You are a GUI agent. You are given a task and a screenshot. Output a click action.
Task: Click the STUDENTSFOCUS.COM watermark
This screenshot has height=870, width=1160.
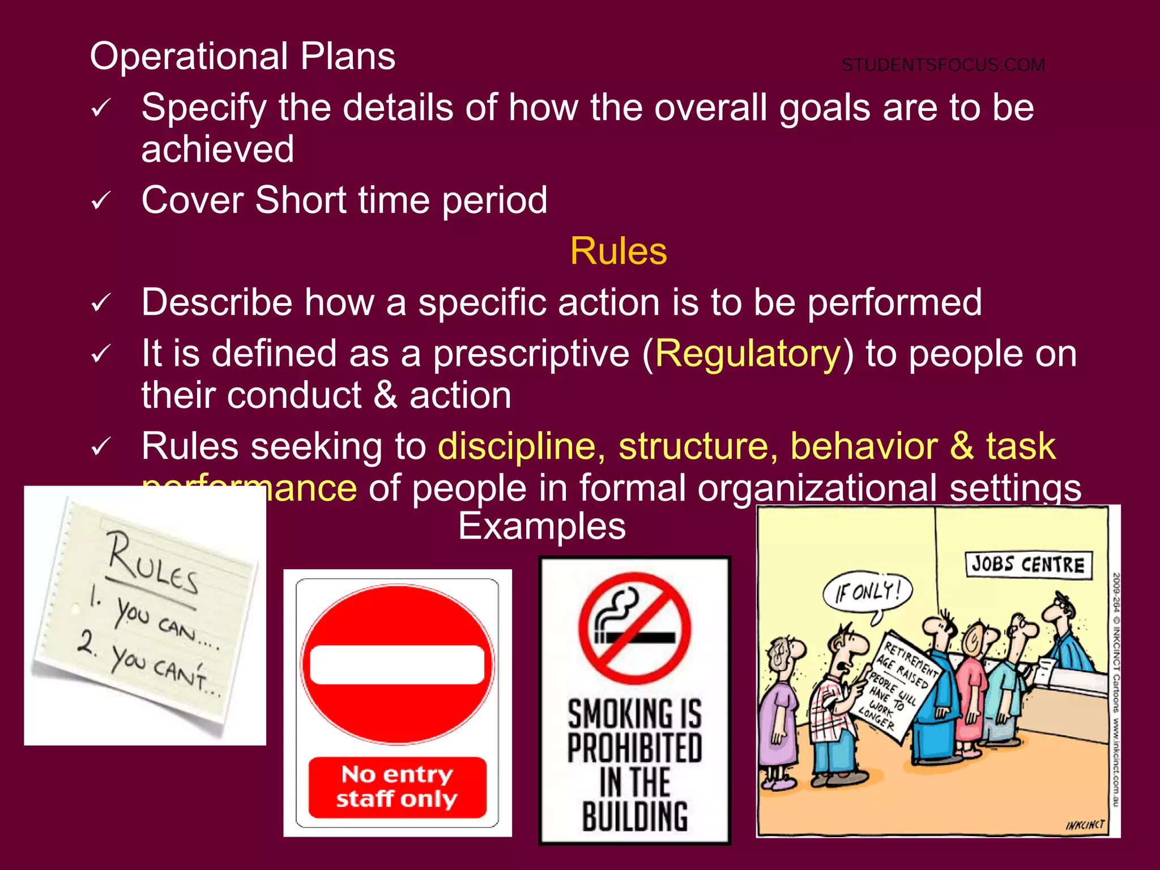[943, 65]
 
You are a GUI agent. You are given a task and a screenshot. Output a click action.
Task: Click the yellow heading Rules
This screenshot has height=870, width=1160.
[619, 251]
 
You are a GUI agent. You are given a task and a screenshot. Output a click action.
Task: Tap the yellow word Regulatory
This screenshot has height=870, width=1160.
[748, 354]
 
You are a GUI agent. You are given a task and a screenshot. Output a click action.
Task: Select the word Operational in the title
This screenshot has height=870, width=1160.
[189, 57]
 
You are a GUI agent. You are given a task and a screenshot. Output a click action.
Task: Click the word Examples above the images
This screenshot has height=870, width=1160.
[541, 526]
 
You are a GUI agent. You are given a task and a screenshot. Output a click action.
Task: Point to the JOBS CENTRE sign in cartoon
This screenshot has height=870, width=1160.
[1027, 565]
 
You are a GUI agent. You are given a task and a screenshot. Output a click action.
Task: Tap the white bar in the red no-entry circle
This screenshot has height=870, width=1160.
[397, 665]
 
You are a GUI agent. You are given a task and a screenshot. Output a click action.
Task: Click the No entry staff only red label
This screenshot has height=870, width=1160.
[397, 786]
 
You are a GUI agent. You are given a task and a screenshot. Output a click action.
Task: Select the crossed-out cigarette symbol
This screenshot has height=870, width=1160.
[634, 628]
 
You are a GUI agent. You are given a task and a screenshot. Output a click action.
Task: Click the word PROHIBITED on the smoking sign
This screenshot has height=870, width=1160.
[634, 748]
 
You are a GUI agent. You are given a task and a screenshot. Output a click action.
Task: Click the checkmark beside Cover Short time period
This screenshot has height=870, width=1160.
[101, 201]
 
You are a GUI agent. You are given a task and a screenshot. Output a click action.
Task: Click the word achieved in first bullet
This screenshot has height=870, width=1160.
[217, 150]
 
